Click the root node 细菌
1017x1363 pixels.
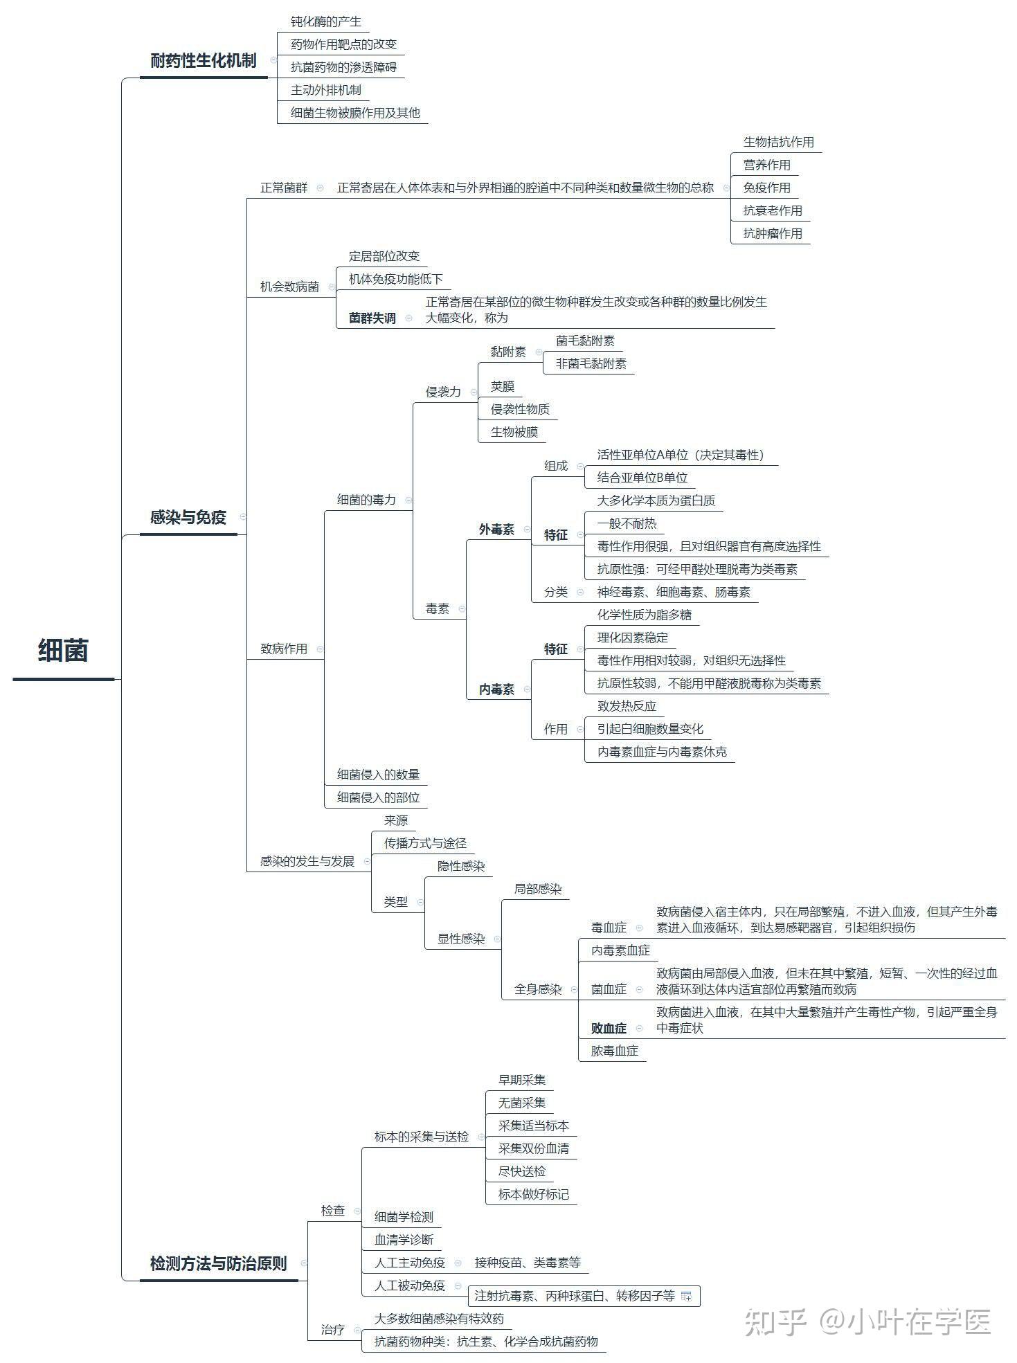(63, 651)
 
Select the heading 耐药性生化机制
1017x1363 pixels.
(204, 61)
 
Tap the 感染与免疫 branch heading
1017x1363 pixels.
(188, 517)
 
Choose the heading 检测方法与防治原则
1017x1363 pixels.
(219, 1263)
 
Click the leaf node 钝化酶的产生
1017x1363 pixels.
(326, 21)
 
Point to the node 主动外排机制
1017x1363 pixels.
(326, 90)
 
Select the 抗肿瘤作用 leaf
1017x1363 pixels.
(773, 233)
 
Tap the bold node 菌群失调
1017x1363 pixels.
(372, 318)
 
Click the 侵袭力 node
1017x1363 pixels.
(443, 392)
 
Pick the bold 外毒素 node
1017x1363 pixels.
(497, 530)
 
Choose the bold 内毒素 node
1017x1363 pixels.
(497, 689)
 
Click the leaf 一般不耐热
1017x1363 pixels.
(627, 523)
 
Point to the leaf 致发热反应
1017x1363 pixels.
(627, 706)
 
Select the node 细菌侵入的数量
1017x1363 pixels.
(379, 775)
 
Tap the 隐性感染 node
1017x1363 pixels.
(461, 866)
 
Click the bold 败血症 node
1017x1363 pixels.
(609, 1029)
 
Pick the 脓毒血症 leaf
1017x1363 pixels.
(615, 1051)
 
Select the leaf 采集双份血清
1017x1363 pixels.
(534, 1148)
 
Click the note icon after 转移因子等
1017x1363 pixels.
(687, 1296)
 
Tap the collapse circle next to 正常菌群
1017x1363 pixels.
(320, 188)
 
